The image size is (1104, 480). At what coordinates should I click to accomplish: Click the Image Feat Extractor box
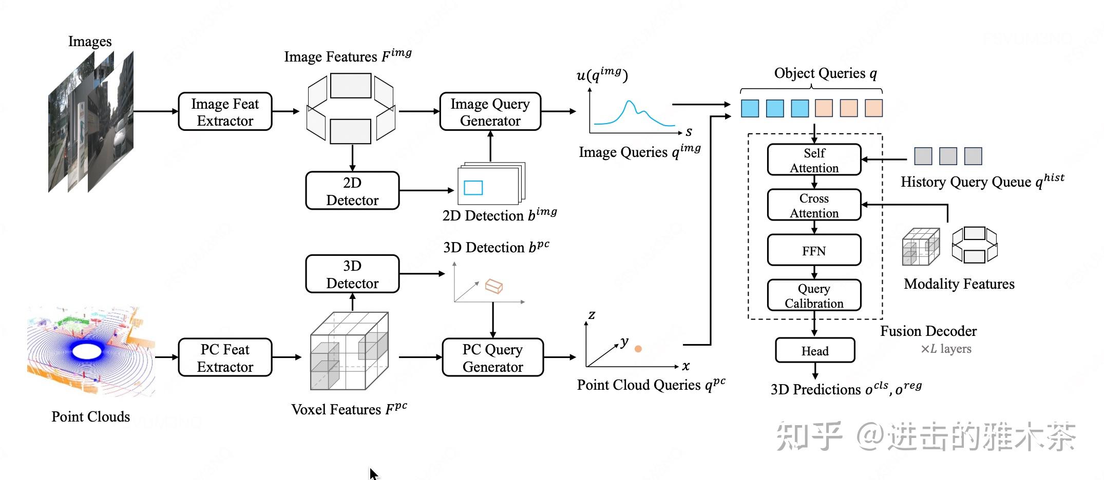[x=225, y=112]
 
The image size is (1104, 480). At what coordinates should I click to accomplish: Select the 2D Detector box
[x=352, y=191]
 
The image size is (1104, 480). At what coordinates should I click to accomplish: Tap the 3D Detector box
[x=352, y=274]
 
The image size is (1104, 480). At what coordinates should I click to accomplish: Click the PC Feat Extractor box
[x=225, y=357]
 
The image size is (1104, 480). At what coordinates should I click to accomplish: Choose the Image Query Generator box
[x=490, y=112]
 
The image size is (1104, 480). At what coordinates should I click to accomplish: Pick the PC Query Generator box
[x=493, y=357]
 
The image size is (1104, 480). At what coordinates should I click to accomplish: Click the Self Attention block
[x=814, y=160]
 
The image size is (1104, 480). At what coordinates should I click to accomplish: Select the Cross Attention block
[x=814, y=205]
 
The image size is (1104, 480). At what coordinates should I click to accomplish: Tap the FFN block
[x=814, y=250]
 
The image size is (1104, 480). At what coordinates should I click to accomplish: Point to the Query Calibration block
[x=814, y=295]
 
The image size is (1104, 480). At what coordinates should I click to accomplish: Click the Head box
[x=815, y=350]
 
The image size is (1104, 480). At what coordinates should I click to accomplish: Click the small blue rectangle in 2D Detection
[x=473, y=188]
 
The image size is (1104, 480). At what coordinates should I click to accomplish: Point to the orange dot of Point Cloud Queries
[x=638, y=349]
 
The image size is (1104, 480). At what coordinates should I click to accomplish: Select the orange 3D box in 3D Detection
[x=494, y=286]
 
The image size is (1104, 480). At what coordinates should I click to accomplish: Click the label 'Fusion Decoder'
[x=928, y=331]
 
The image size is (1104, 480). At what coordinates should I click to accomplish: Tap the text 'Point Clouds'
[x=90, y=416]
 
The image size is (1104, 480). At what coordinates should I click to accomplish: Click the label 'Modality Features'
[x=959, y=284]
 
